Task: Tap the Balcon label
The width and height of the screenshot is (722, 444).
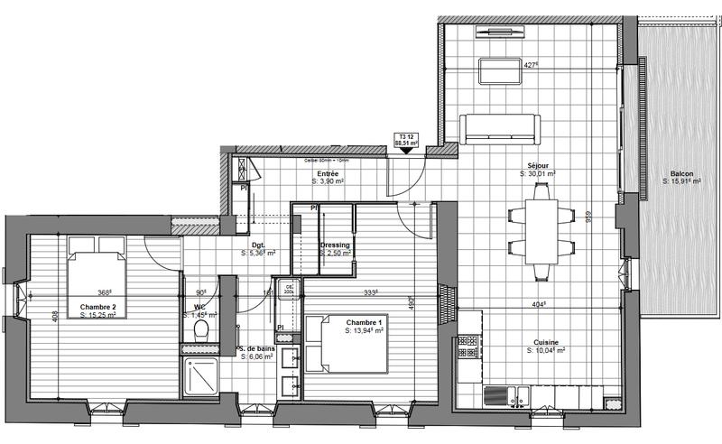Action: point(681,173)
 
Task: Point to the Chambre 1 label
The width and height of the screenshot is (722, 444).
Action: point(365,323)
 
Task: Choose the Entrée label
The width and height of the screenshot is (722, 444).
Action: point(328,173)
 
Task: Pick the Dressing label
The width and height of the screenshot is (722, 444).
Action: point(335,245)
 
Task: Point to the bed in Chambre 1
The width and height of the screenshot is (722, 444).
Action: point(347,343)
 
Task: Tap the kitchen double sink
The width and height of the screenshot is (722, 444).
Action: point(511,394)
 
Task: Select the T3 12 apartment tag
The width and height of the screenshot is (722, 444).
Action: point(407,139)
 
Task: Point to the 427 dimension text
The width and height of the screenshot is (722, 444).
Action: point(532,65)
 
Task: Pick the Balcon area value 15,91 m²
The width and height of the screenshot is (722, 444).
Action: point(682,182)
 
